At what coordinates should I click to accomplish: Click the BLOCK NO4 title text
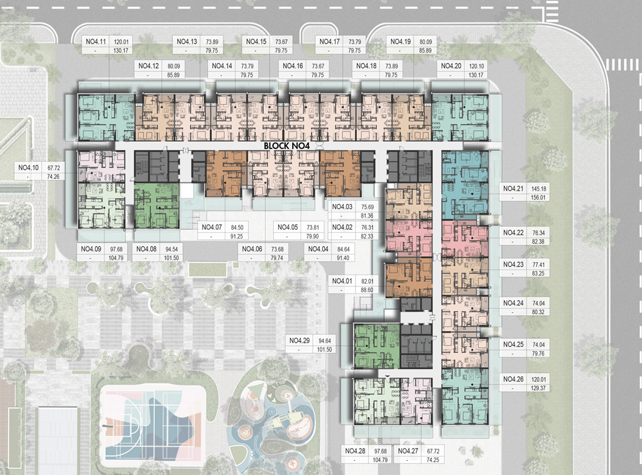tap(286, 145)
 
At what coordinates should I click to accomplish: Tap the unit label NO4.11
tap(96, 42)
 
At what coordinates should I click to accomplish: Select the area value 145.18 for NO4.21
tap(539, 189)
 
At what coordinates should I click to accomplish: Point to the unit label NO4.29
tap(299, 341)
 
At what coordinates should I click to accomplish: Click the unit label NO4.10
tap(28, 168)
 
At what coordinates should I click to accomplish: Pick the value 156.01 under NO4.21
tap(539, 198)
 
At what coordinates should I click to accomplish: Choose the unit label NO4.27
tap(408, 451)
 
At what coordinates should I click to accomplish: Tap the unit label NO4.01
tap(342, 281)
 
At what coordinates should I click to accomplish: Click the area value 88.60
tap(367, 290)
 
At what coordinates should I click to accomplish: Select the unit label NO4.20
tap(451, 66)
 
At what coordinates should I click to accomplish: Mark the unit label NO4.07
tap(212, 227)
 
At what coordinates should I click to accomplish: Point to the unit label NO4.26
tap(514, 379)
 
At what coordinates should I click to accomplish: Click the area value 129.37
tap(539, 388)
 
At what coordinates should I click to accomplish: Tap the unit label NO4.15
tap(256, 42)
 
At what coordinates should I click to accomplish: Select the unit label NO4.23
tap(514, 265)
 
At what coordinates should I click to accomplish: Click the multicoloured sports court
tap(153, 425)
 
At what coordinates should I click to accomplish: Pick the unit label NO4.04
tap(318, 249)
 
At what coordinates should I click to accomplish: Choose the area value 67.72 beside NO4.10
tap(54, 168)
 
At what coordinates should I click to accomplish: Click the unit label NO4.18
tap(366, 66)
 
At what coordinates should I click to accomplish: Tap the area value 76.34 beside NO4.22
tap(539, 233)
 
